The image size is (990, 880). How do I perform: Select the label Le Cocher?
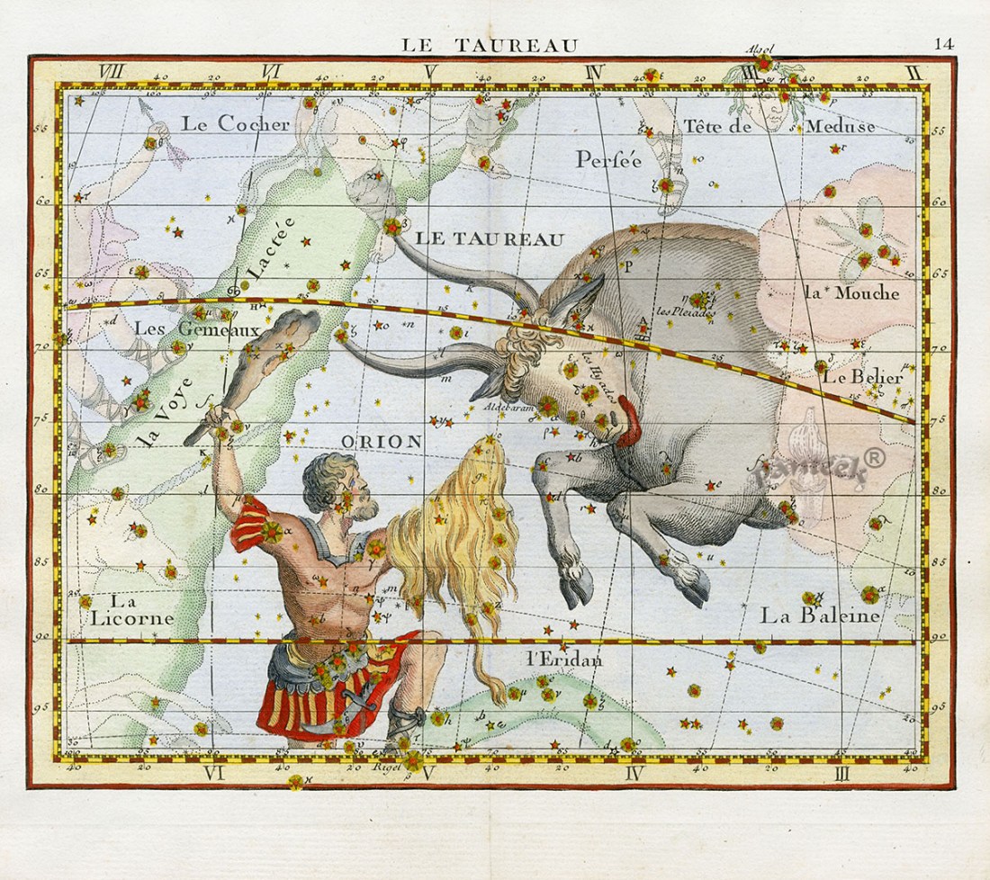pyautogui.click(x=235, y=124)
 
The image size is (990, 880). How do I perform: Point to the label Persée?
pyautogui.click(x=608, y=159)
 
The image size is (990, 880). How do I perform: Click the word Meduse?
pyautogui.click(x=839, y=126)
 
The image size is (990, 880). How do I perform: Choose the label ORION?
pyautogui.click(x=382, y=441)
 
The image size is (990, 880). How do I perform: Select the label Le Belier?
pyautogui.click(x=861, y=377)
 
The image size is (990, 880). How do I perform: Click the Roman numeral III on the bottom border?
pyautogui.click(x=842, y=772)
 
